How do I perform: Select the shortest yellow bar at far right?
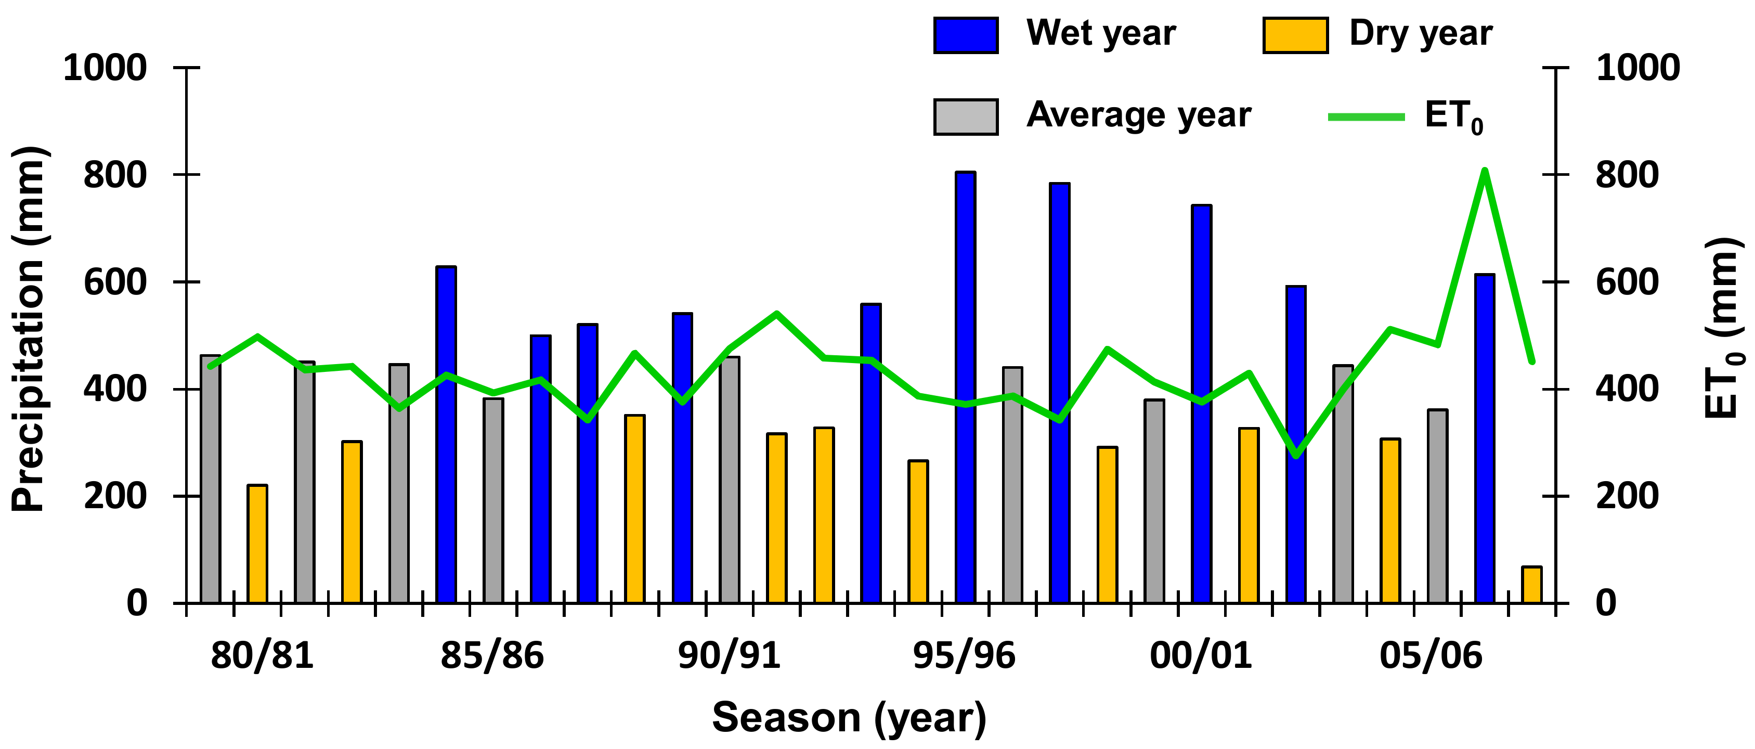pyautogui.click(x=1531, y=585)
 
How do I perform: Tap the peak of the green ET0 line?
pyautogui.click(x=1485, y=171)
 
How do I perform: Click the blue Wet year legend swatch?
pyautogui.click(x=966, y=35)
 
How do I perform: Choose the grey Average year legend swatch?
pyautogui.click(x=966, y=117)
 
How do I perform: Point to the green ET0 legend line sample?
pyautogui.click(x=1366, y=117)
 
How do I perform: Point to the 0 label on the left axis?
pyautogui.click(x=137, y=603)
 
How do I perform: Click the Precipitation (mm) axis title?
pyautogui.click(x=29, y=329)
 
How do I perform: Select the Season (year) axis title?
pyautogui.click(x=849, y=718)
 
